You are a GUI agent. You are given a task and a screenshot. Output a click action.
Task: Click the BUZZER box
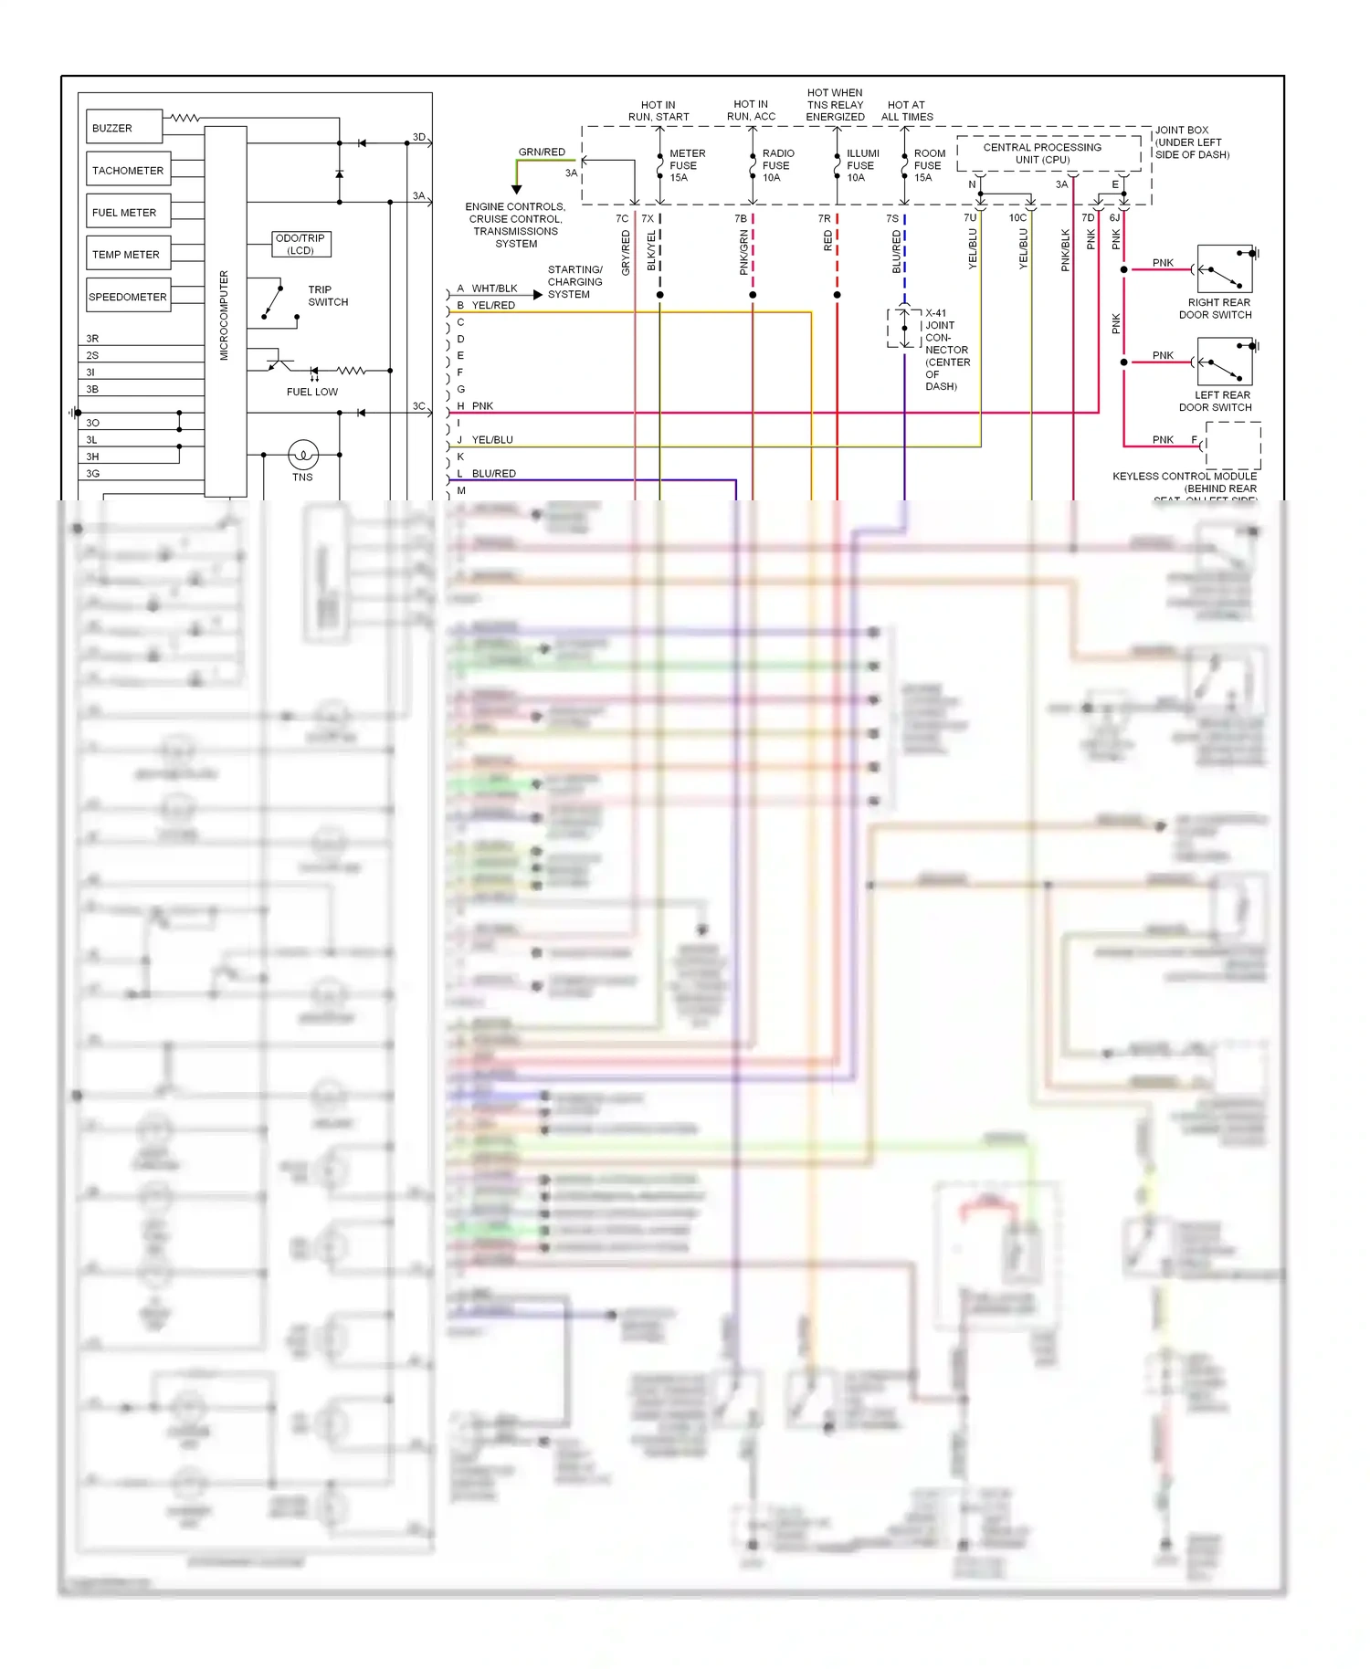click(125, 128)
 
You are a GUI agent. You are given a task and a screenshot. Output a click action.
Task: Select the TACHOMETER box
click(129, 170)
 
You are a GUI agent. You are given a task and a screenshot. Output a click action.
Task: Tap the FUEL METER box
click(128, 212)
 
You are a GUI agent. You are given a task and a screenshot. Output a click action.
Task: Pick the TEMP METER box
click(128, 254)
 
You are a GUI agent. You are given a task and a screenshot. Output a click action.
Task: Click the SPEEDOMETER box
click(128, 296)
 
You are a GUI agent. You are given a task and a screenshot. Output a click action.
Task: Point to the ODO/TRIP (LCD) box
click(301, 244)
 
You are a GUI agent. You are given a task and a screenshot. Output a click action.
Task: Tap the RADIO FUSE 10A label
click(777, 165)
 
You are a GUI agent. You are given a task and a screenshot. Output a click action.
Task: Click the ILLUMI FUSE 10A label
click(861, 165)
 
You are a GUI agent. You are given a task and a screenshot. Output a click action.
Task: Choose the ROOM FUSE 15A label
click(929, 165)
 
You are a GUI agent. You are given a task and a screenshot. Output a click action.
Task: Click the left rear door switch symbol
click(1225, 362)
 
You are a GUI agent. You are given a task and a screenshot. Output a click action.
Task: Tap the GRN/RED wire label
click(542, 152)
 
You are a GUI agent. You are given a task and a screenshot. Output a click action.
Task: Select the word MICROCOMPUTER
click(225, 315)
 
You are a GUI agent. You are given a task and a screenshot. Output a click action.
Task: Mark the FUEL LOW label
click(312, 392)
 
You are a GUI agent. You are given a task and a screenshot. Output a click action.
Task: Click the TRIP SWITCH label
click(327, 295)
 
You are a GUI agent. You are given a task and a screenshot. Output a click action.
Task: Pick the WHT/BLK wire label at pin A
click(494, 289)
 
